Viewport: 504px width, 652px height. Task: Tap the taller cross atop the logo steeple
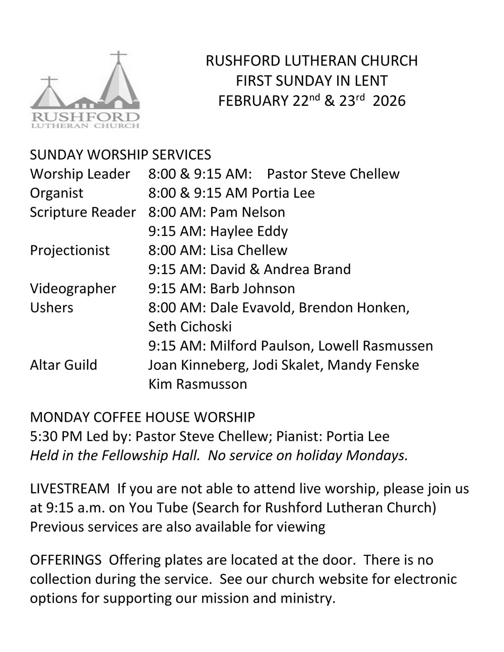coord(118,57)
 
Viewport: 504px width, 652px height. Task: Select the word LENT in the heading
coord(370,81)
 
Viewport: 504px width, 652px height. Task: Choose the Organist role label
coord(56,193)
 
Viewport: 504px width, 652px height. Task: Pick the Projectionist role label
coord(70,250)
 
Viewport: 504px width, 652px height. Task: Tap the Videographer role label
coord(73,289)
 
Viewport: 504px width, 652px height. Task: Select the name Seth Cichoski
coord(190,327)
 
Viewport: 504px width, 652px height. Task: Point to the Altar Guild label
coord(64,365)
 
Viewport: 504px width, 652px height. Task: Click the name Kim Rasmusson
coord(198,384)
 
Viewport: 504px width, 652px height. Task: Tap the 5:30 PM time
coord(51,436)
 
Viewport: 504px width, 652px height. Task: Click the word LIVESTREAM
coord(70,489)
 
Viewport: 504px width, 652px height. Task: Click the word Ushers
coord(51,308)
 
